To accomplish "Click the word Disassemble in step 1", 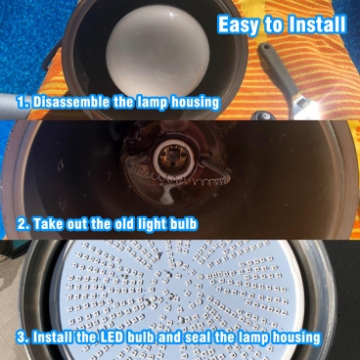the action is (71, 102).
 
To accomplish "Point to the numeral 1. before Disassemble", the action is (23, 103).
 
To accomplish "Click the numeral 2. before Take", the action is (23, 224).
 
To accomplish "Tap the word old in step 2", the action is (121, 224).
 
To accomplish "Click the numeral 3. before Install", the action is (23, 337).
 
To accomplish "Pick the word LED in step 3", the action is (111, 337).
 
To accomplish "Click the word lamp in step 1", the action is (153, 103).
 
